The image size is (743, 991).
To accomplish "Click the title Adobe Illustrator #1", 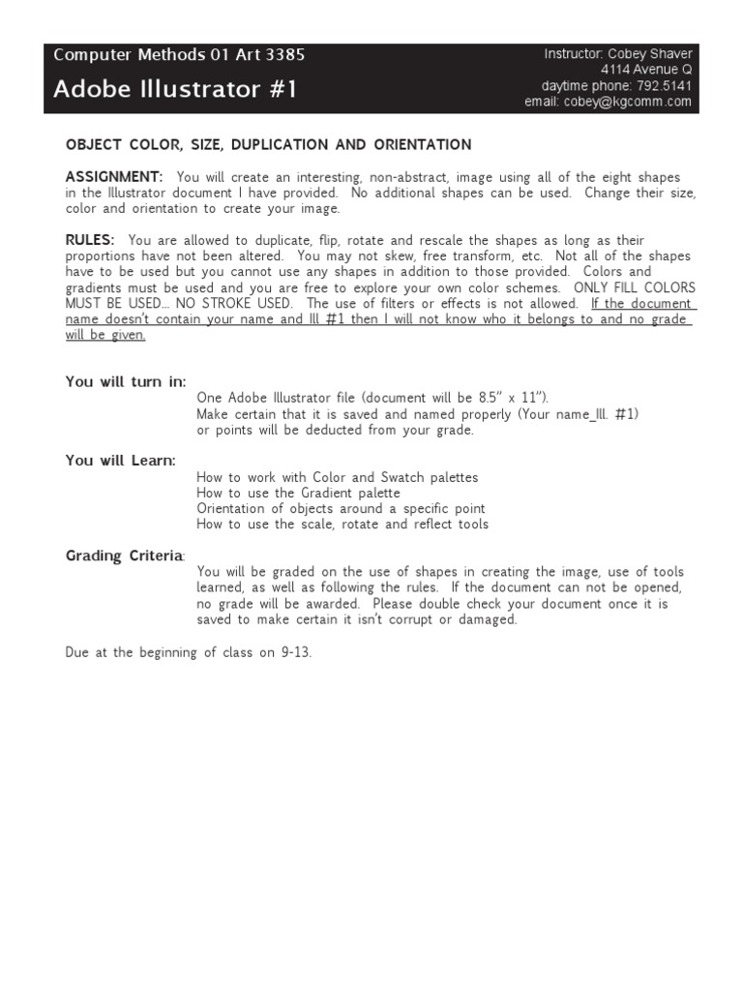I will point(175,90).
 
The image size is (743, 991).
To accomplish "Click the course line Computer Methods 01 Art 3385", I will point(179,55).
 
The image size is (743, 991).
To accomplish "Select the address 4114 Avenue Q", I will point(645,71).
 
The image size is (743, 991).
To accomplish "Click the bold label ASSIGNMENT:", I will point(114,177).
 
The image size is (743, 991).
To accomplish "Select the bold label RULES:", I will point(90,240).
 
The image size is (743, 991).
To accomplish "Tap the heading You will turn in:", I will point(126,381).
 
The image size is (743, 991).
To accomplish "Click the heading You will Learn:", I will point(121,461).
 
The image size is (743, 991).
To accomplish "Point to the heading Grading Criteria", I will point(124,556).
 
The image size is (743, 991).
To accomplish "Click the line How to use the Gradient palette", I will point(298,494).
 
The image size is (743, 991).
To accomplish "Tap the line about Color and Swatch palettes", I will point(337,477).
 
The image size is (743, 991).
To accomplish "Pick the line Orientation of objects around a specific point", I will point(341,509).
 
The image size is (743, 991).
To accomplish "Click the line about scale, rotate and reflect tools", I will point(342,525).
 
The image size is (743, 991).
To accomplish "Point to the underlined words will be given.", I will point(105,335).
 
